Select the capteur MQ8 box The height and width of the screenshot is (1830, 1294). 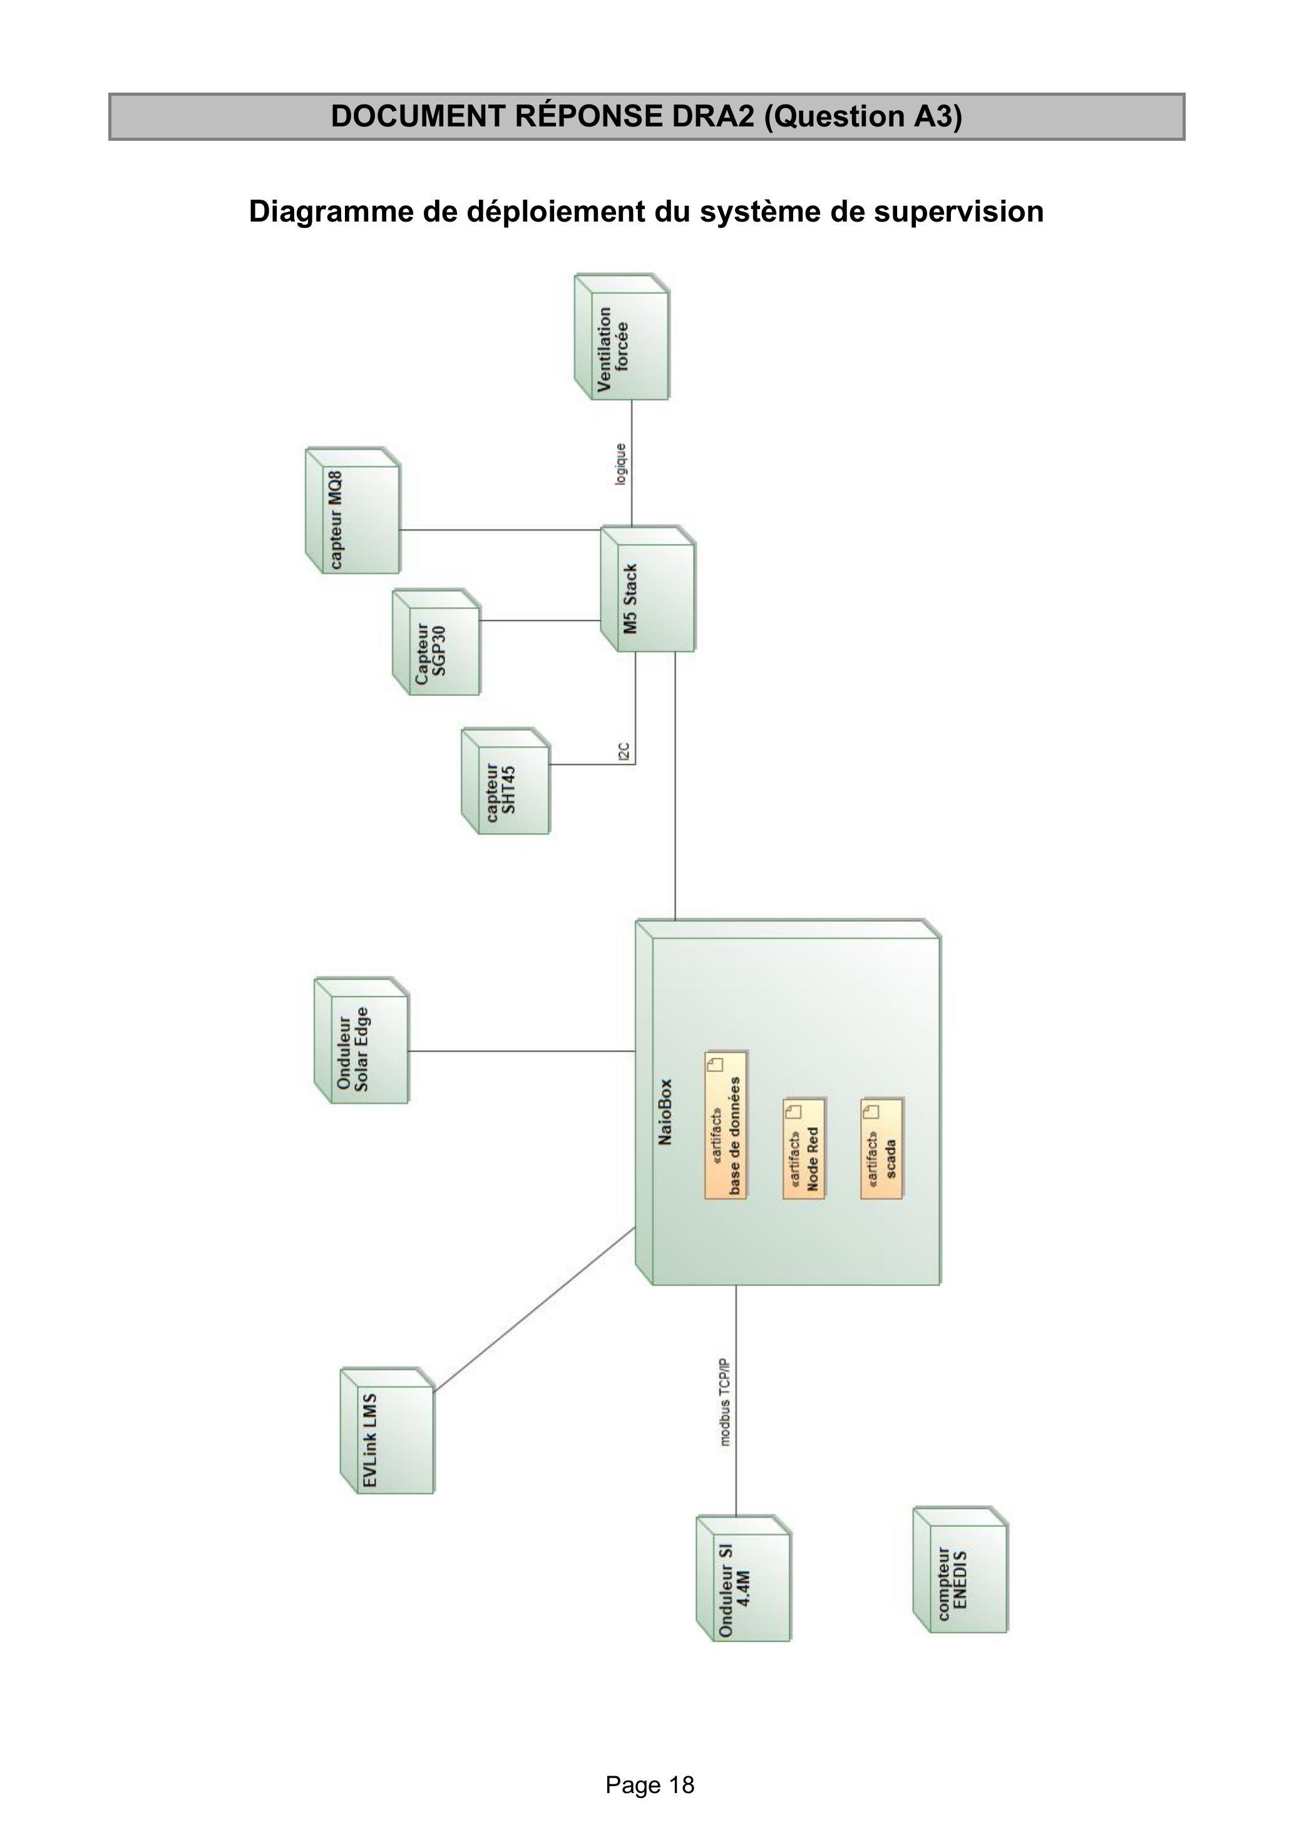352,510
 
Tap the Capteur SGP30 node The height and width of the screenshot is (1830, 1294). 436,642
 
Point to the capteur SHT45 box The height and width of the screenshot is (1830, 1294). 505,781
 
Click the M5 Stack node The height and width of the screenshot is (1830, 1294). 647,588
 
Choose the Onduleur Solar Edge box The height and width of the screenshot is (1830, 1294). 361,1040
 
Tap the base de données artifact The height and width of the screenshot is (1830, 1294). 726,1125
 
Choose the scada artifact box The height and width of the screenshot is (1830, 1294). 883,1148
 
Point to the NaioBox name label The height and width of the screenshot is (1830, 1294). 665,1113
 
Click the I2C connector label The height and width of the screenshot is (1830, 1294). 624,751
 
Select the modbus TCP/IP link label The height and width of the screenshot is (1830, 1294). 724,1402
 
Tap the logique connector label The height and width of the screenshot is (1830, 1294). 620,464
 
